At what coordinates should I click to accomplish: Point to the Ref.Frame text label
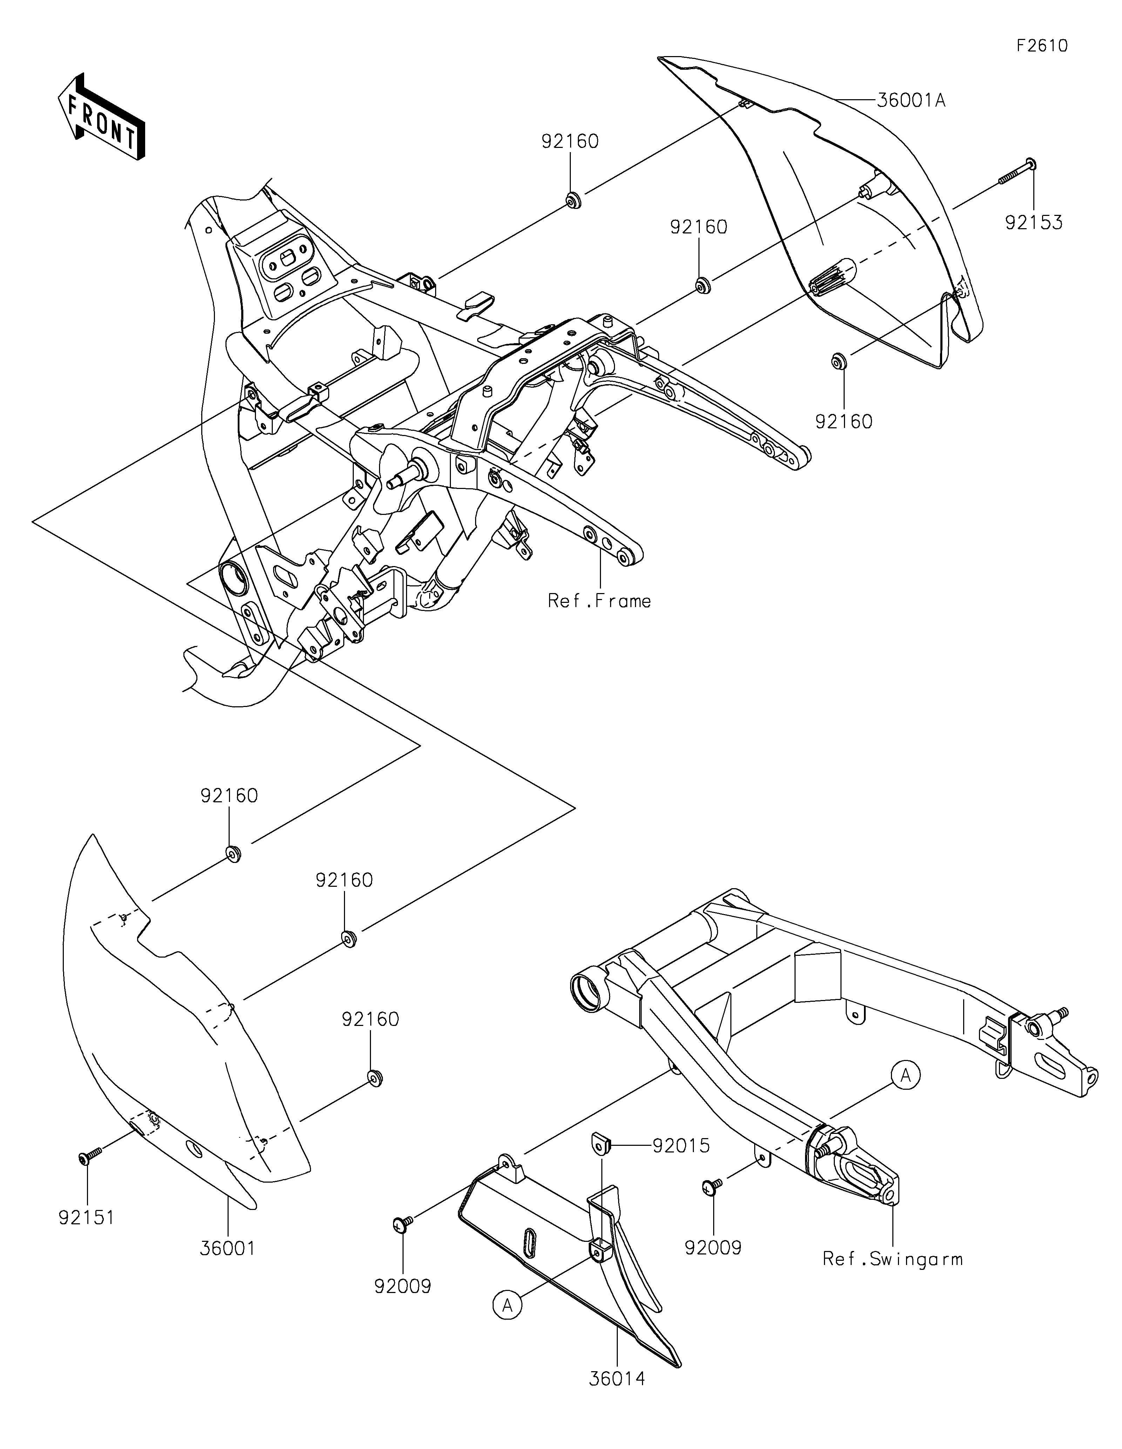point(599,601)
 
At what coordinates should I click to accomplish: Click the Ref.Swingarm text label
point(892,1259)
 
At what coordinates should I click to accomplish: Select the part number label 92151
point(86,1217)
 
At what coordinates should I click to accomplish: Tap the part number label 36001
point(228,1249)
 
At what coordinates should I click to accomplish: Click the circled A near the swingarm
point(906,1075)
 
